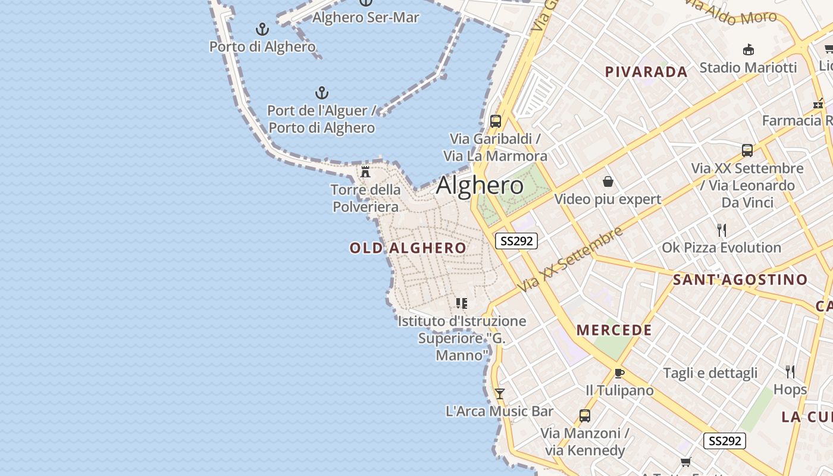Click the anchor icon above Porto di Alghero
pyautogui.click(x=262, y=29)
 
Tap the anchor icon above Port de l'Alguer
pyautogui.click(x=321, y=93)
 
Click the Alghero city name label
pyautogui.click(x=480, y=186)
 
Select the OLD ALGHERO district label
pyautogui.click(x=408, y=248)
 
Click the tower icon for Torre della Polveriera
pyautogui.click(x=365, y=172)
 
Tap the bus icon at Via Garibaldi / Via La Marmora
pyautogui.click(x=495, y=121)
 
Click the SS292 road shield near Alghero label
pyautogui.click(x=516, y=241)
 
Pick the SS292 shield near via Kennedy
pyautogui.click(x=724, y=441)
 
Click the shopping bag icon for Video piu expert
pyautogui.click(x=607, y=181)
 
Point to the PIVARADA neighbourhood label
pyautogui.click(x=646, y=72)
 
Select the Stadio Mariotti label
pyautogui.click(x=748, y=67)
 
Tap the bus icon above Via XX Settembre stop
pyautogui.click(x=747, y=150)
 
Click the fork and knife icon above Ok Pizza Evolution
pyautogui.click(x=722, y=230)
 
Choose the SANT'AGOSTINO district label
pyautogui.click(x=740, y=280)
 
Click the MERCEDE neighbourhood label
pyautogui.click(x=614, y=330)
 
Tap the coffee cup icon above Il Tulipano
pyautogui.click(x=619, y=373)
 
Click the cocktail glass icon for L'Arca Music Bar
pyautogui.click(x=500, y=393)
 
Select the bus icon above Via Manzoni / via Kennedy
pyautogui.click(x=585, y=416)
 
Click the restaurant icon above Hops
pyautogui.click(x=790, y=372)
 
